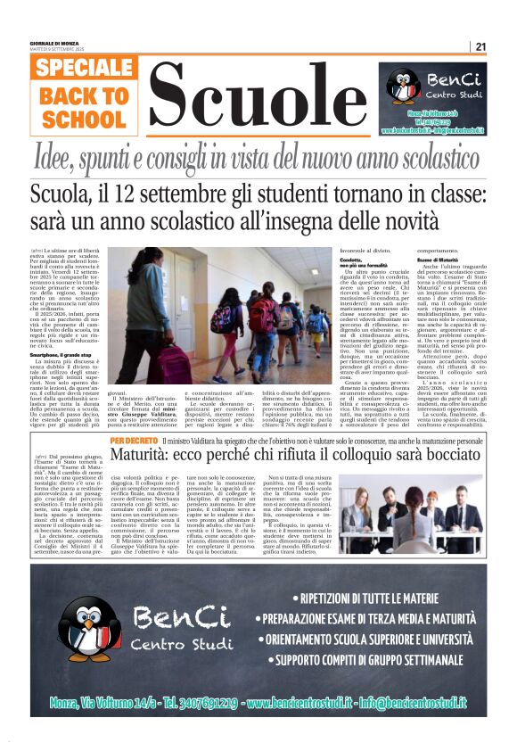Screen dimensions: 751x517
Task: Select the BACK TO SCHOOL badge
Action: click(x=83, y=106)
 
